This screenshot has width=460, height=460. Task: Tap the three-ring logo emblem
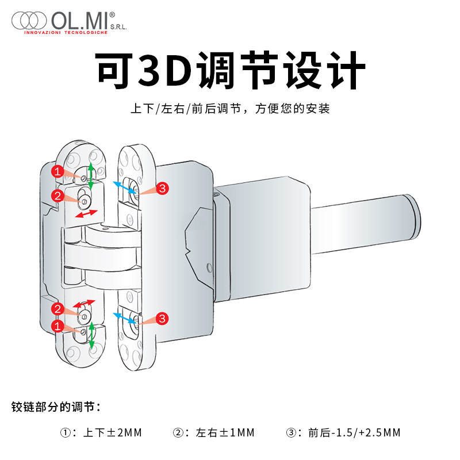click(29, 21)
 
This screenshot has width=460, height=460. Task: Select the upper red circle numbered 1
click(57, 171)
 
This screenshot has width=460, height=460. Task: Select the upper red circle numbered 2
click(57, 195)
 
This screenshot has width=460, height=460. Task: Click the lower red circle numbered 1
click(57, 326)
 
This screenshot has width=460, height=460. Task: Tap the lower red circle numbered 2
click(57, 309)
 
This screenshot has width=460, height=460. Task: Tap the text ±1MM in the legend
click(237, 432)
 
